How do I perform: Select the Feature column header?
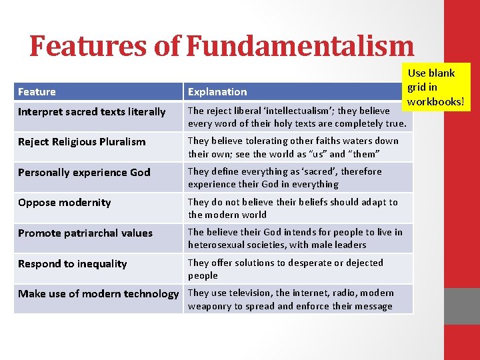tap(37, 92)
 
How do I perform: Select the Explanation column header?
tap(217, 92)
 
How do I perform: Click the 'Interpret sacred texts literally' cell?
tap(91, 112)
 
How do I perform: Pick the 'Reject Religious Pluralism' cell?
tap(81, 142)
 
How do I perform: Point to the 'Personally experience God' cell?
tap(84, 173)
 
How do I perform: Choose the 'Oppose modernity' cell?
tap(65, 203)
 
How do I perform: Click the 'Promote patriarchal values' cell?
tap(85, 233)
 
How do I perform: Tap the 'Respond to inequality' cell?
tap(72, 264)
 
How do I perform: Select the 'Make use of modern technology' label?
tap(98, 294)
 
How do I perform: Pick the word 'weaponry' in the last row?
tap(211, 306)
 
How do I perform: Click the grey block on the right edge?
tap(461, 305)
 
